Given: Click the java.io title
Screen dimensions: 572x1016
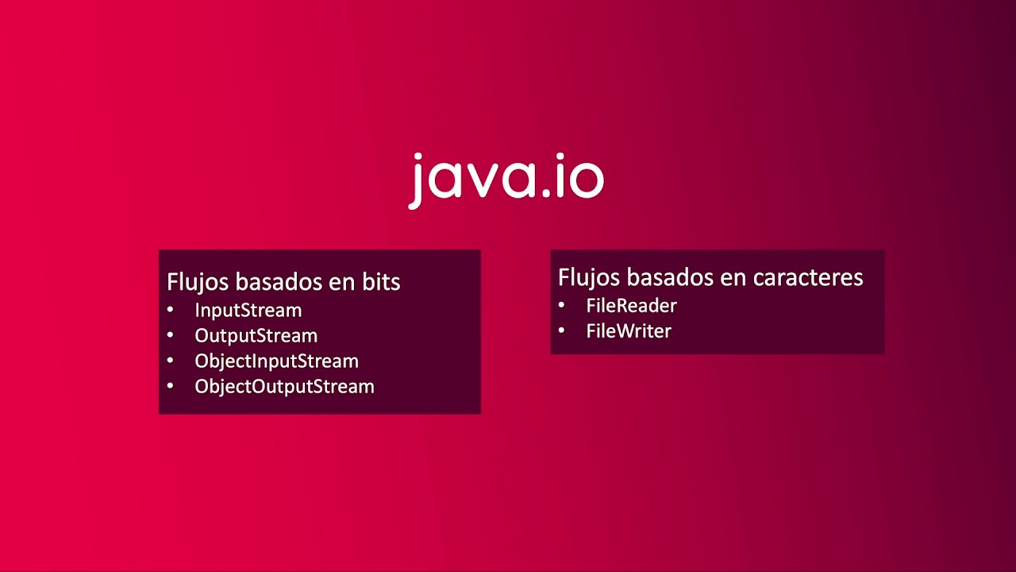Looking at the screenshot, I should (506, 178).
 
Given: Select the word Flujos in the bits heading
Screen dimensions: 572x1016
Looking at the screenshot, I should (194, 282).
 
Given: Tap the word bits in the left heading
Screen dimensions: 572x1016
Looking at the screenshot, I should (379, 282).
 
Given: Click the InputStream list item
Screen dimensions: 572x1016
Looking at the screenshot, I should (248, 311).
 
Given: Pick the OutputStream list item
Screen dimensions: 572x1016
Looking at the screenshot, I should (256, 336).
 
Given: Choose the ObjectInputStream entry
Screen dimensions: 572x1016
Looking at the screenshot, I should (276, 361).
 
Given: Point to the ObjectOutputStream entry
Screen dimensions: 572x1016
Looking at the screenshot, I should (284, 387).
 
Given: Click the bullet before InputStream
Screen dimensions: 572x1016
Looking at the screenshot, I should (170, 310).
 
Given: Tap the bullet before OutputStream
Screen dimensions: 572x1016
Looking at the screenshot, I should (170, 335).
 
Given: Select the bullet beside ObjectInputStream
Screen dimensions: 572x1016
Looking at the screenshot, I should (170, 361).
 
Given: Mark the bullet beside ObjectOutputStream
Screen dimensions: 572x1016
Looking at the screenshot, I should (170, 386).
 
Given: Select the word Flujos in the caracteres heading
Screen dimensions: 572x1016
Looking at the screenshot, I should (586, 277).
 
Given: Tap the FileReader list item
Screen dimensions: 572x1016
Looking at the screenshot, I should (631, 306).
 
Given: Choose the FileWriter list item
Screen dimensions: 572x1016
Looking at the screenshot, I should (629, 331).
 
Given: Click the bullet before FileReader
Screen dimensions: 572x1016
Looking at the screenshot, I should (561, 305).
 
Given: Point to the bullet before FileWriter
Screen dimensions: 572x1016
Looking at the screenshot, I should (561, 330).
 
